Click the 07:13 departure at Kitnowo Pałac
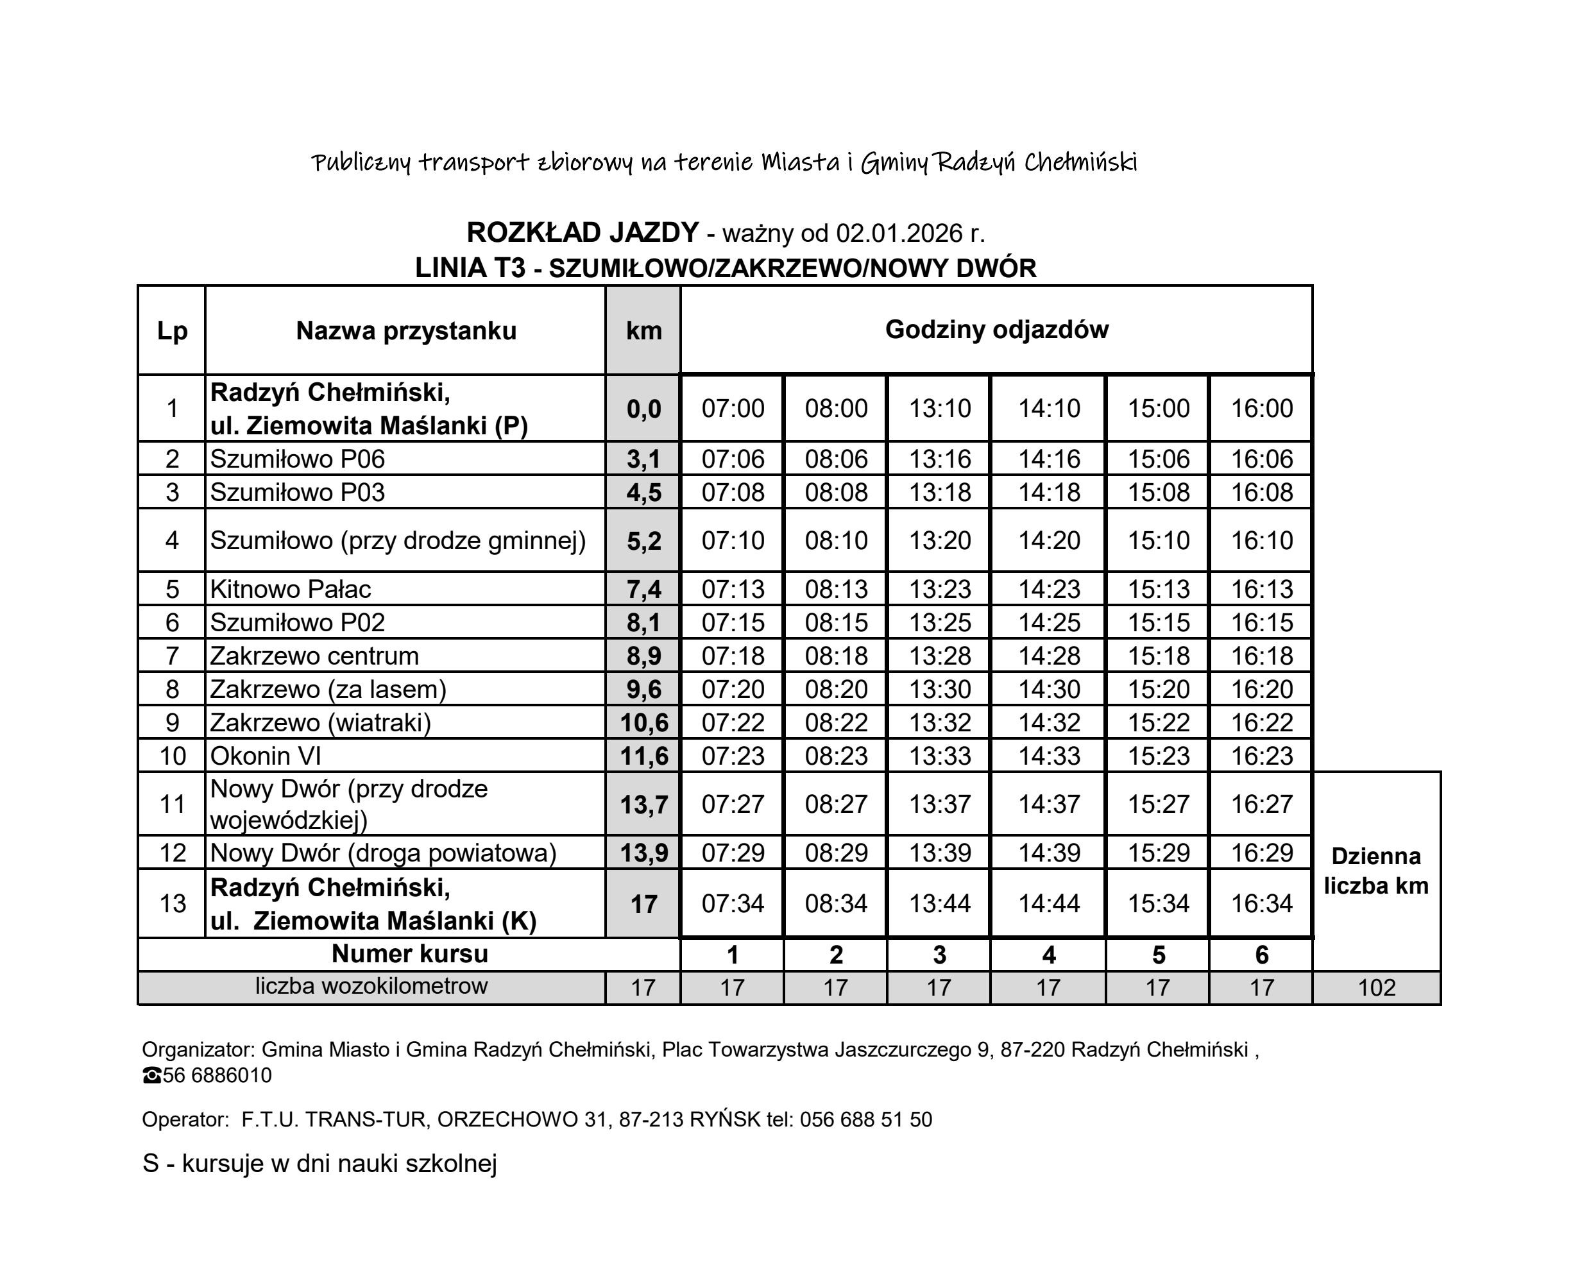[733, 589]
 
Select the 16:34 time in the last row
[1261, 903]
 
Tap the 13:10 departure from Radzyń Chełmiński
[939, 408]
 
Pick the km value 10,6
[643, 722]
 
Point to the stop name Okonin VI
[265, 756]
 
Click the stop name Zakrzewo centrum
[314, 656]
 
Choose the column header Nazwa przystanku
[406, 330]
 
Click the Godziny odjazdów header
[996, 329]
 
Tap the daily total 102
[1376, 987]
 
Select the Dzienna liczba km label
[1376, 871]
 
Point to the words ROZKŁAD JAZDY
[583, 232]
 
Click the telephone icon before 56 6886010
[151, 1076]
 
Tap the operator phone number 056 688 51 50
[865, 1119]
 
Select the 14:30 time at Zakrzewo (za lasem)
[1049, 689]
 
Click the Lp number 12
[173, 853]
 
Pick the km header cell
[643, 330]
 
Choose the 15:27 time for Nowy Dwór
[1158, 804]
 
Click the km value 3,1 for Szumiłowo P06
[643, 459]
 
